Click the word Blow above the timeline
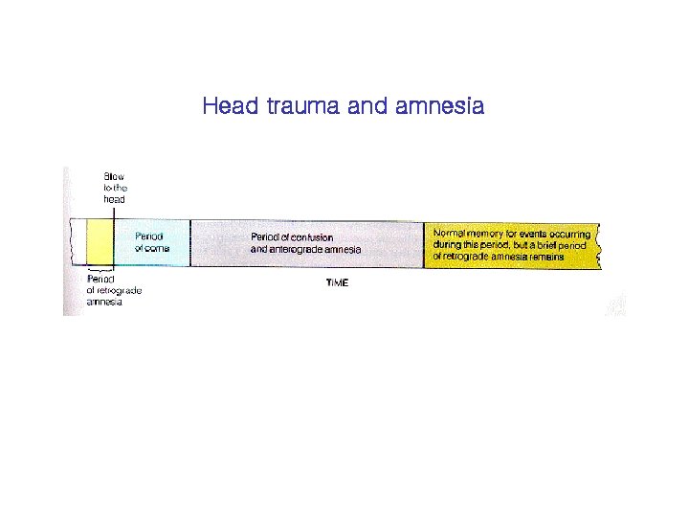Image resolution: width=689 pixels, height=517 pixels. (x=114, y=177)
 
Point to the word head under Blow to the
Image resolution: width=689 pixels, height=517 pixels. (x=115, y=199)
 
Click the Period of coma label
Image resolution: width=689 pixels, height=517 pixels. (x=148, y=242)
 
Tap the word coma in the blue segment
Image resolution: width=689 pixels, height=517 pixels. (x=157, y=248)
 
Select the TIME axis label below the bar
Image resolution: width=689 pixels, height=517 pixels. (x=337, y=282)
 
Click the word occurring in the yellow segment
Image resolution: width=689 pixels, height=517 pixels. (x=570, y=234)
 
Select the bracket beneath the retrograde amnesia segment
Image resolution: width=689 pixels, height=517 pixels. (x=100, y=270)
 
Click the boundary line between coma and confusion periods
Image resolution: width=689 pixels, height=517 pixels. (x=190, y=243)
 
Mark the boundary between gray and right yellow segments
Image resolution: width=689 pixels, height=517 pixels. (x=424, y=244)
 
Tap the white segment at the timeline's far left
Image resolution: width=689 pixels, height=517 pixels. (x=77, y=243)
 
